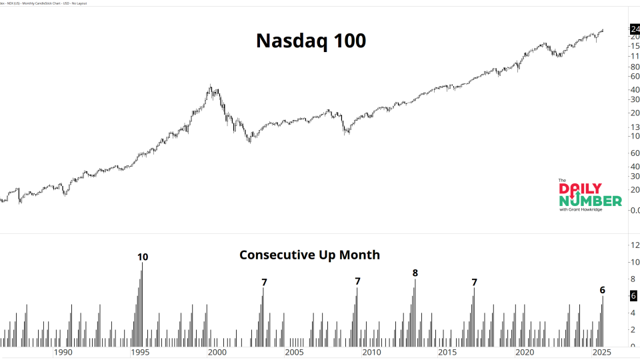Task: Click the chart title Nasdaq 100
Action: point(311,41)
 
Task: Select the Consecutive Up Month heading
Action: point(309,255)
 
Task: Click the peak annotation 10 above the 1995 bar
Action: point(143,257)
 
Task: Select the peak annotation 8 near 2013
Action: point(415,273)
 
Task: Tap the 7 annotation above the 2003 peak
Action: point(264,282)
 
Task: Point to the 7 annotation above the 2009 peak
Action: point(357,281)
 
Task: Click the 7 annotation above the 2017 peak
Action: point(474,282)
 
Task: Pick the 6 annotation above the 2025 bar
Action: point(603,290)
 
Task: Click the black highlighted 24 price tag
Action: point(634,29)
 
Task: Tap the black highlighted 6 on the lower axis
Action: point(633,295)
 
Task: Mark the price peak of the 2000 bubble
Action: point(211,85)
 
